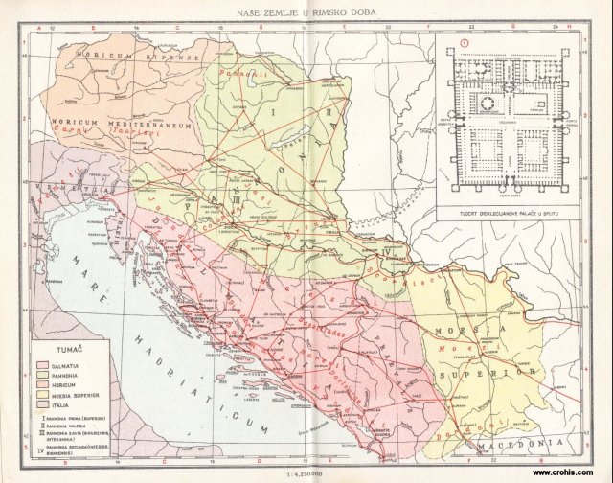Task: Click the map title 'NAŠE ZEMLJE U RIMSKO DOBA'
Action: pos(306,12)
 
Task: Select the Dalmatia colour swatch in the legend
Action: pos(41,365)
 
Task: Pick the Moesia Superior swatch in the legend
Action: pos(41,394)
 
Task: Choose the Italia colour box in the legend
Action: pos(41,403)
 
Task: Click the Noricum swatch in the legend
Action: pos(41,384)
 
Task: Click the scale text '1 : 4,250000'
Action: pos(306,471)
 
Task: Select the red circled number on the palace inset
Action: pos(464,42)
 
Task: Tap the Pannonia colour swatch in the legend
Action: pos(41,375)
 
